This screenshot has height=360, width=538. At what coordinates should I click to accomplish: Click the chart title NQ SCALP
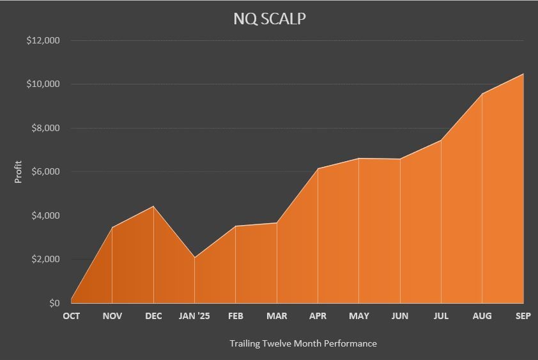point(269,19)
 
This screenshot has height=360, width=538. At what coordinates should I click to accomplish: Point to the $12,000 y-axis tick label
point(43,40)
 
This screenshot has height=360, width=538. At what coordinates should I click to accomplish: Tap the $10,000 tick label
point(43,84)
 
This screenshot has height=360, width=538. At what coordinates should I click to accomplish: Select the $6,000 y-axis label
point(45,171)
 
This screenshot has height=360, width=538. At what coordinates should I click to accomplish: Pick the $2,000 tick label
point(45,259)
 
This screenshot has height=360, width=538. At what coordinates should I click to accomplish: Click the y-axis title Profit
point(18,171)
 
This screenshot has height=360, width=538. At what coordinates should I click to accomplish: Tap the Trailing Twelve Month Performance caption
point(303,343)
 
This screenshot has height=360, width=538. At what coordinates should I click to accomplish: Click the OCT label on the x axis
point(71,316)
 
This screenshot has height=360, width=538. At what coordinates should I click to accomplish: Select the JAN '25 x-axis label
point(194,316)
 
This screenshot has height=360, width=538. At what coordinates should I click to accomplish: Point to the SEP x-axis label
point(523,316)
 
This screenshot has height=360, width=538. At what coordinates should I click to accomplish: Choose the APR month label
point(318,316)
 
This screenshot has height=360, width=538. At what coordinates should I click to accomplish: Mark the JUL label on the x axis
point(441,316)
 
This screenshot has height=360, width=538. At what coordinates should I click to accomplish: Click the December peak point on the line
point(153,206)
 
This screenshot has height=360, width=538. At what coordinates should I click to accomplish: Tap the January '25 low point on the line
point(194,258)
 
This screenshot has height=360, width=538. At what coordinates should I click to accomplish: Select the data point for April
point(318,168)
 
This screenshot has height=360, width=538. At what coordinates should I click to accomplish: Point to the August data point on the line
point(482,94)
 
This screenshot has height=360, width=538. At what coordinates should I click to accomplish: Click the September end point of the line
point(523,74)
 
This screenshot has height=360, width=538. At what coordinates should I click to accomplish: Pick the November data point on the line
point(112,227)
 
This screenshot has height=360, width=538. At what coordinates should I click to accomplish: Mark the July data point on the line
point(441,140)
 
